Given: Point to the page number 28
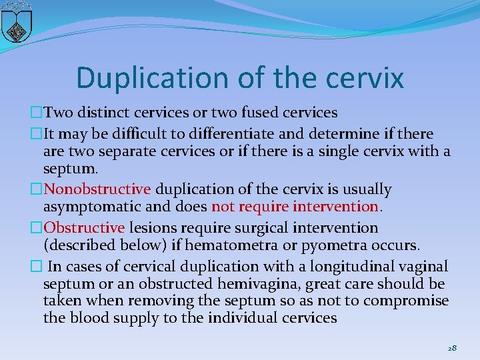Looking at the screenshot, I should tap(452, 348).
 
